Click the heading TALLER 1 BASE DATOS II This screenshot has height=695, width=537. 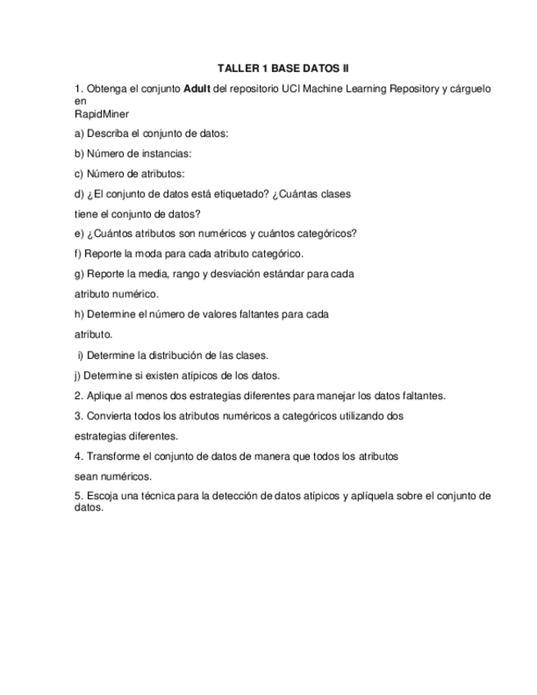click(283, 69)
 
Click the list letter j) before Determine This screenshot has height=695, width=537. click(77, 376)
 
